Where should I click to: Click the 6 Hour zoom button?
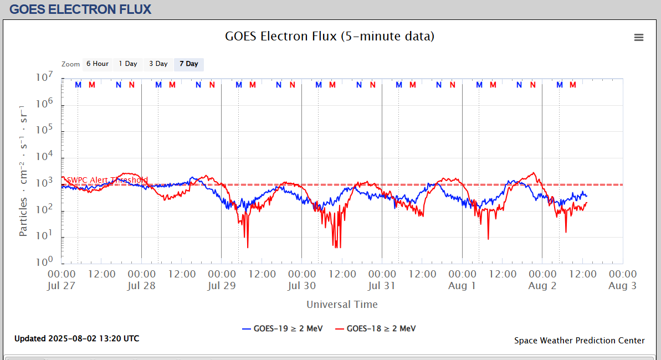click(98, 64)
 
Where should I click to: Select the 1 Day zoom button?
click(128, 64)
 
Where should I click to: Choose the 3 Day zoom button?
click(158, 64)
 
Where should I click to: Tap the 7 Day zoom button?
click(189, 64)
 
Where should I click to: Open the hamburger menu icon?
click(639, 38)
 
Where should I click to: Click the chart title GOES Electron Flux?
click(330, 37)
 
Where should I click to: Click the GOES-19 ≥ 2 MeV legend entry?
click(283, 328)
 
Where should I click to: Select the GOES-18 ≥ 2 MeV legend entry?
click(376, 328)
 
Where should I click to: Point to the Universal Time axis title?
click(342, 305)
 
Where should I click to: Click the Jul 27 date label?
click(62, 286)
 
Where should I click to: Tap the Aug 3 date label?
click(622, 286)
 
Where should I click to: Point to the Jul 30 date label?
click(302, 286)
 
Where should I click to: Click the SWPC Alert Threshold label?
click(107, 180)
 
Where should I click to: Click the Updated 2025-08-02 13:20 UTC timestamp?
click(77, 338)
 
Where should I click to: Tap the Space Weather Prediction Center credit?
click(579, 341)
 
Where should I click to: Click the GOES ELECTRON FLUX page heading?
click(81, 9)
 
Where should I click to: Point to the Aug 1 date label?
click(462, 286)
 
